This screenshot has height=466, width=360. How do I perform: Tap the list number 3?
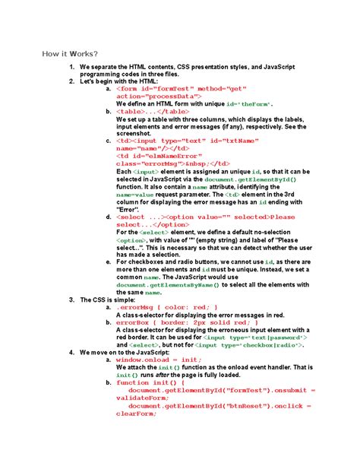click(x=71, y=300)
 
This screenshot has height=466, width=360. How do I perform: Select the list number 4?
click(x=71, y=353)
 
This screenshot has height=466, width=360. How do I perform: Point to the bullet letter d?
click(x=109, y=217)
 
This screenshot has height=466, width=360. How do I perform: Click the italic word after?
click(x=164, y=376)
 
